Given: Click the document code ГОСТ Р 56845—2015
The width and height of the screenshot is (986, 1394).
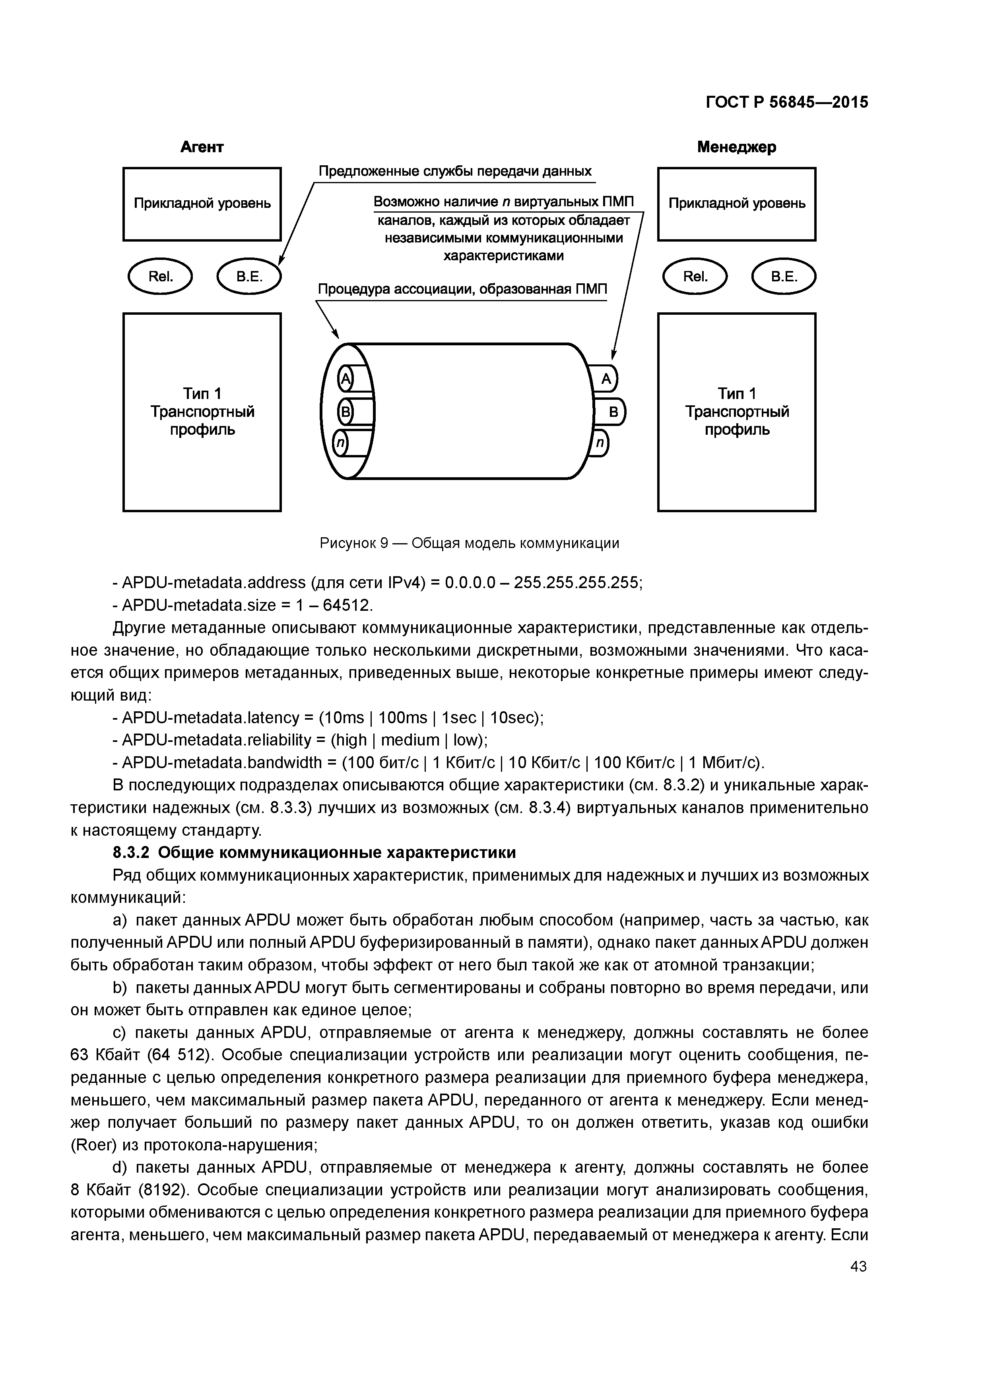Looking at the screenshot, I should [787, 103].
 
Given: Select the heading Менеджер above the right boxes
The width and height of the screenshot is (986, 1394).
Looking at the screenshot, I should [736, 147].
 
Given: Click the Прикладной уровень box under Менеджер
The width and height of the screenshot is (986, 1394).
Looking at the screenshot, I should [736, 204].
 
